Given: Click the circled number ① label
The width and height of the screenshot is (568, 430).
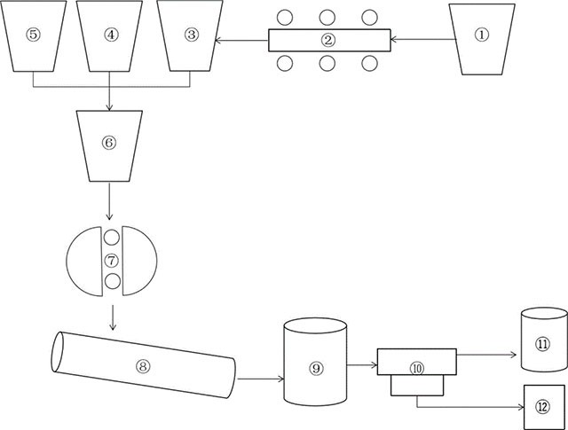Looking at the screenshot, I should [482, 35].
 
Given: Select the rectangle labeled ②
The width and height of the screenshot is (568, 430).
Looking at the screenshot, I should [329, 40].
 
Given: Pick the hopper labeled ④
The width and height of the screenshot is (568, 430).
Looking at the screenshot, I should [110, 35].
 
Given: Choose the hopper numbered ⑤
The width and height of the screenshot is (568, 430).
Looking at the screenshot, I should [34, 35].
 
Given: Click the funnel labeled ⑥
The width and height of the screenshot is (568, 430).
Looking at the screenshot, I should [109, 142].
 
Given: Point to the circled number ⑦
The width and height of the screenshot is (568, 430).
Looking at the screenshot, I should [112, 260].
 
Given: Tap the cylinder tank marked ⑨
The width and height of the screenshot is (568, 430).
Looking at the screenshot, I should [314, 361].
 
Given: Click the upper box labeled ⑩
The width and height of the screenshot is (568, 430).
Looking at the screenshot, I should [417, 361].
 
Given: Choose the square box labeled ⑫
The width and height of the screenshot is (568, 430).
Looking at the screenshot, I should [542, 407].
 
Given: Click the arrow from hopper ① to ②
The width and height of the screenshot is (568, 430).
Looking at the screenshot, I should [421, 40].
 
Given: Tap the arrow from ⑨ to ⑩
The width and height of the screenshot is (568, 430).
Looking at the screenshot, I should [362, 363].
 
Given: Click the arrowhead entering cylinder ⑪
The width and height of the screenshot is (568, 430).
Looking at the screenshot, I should [513, 354].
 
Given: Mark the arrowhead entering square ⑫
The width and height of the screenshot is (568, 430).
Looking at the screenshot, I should [519, 407].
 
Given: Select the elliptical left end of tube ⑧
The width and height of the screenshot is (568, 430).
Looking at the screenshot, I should [58, 350].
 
